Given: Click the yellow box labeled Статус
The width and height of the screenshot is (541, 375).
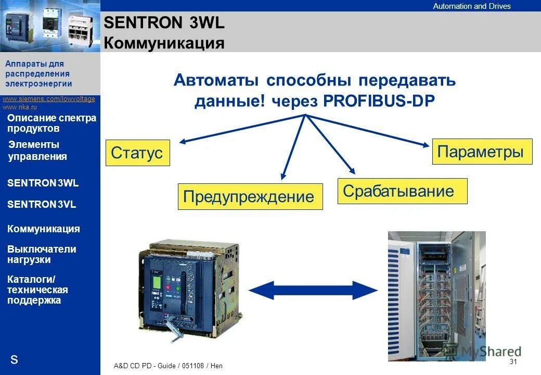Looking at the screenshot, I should pos(137,153).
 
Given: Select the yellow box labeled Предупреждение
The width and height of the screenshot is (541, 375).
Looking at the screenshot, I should pos(250,196).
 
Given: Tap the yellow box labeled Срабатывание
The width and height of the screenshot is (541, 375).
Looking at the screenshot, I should pos(402,191).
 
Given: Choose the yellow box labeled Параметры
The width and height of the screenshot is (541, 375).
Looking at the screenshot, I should pos(482,152).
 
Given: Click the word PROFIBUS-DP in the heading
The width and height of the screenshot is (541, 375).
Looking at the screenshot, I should pos(378,101).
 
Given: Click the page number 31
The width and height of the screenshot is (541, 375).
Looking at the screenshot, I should pos(513,361).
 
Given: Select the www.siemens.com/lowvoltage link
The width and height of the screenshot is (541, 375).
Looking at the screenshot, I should pos(49,99).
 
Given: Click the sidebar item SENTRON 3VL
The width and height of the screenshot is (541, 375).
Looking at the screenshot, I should pos(42,205).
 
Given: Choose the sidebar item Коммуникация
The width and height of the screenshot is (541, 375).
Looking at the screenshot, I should pos(44,229).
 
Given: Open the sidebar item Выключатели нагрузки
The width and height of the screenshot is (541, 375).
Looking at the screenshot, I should pos(42,254).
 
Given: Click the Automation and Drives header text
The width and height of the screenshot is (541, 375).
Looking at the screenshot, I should pos(472,6).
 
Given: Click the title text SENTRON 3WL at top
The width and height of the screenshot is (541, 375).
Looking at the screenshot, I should pos(164,23).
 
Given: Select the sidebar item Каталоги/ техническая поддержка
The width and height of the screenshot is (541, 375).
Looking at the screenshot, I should pos(37,290).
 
